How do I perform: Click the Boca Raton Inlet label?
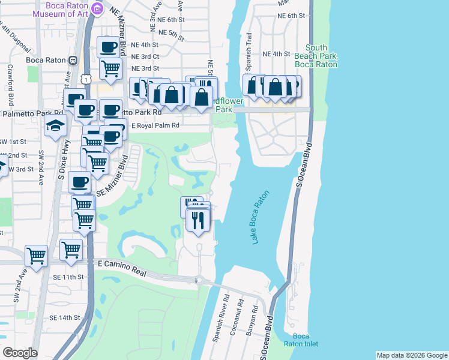pos(301,340)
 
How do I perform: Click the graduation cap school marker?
pos(55,126)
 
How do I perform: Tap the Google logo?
pos(20,353)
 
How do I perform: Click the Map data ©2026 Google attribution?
pos(411,355)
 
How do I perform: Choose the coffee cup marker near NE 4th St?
pos(109,47)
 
